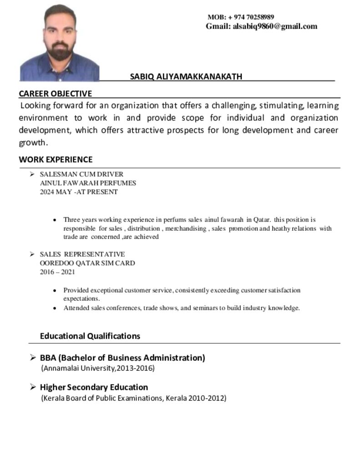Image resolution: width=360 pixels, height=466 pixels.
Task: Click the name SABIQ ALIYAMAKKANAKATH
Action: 186,76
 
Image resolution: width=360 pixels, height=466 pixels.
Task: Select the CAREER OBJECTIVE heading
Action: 55,94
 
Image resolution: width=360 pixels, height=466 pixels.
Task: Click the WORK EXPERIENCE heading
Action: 56,160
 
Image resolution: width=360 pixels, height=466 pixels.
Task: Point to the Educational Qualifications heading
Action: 90,336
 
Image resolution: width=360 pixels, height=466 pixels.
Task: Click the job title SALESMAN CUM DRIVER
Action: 81,174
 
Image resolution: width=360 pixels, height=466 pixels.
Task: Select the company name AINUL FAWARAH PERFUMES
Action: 88,183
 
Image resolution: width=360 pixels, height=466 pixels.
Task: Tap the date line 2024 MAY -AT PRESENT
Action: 79,192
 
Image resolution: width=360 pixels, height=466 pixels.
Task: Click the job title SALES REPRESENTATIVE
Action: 82,254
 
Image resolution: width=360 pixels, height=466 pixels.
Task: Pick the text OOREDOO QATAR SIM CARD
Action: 87,263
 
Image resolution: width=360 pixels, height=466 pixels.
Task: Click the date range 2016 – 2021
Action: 57,272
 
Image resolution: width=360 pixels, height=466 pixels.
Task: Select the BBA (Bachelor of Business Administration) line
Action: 122,358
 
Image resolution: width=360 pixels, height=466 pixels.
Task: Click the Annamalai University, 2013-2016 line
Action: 98,368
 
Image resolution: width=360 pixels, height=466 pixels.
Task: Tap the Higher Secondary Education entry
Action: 94,387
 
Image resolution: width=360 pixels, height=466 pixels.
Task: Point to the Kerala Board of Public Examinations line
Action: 133,398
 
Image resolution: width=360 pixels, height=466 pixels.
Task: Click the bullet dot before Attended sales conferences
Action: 55,308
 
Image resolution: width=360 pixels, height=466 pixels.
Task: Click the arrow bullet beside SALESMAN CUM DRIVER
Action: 32,174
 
